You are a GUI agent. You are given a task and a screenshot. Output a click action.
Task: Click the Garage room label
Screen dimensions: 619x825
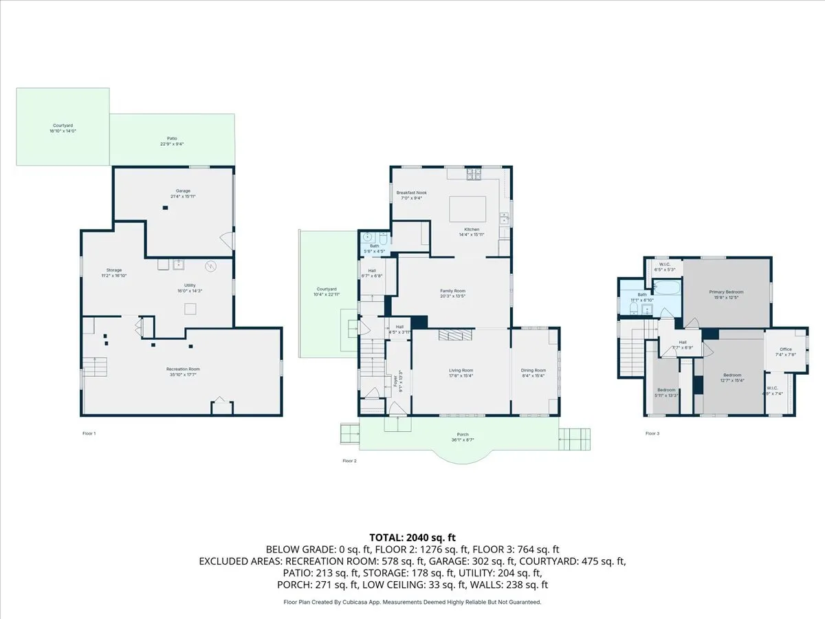(x=182, y=191)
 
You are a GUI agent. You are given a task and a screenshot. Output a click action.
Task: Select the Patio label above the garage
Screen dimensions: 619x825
(x=172, y=138)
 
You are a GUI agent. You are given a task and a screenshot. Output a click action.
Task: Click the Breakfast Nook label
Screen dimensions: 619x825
(x=411, y=193)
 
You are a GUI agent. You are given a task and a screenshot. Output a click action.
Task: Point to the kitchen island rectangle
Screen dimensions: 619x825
(x=467, y=207)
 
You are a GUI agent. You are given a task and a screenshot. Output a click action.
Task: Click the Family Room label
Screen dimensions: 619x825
(x=452, y=291)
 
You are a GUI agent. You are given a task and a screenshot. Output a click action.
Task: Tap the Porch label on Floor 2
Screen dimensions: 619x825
(x=463, y=435)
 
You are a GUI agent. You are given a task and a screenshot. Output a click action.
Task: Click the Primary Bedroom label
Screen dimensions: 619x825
(x=726, y=292)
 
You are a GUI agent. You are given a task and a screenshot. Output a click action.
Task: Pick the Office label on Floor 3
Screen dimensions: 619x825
(x=785, y=349)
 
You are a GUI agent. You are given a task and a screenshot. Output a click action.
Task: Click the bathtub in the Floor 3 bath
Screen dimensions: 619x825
(x=666, y=288)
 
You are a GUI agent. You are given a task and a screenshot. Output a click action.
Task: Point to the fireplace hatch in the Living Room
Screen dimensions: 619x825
(x=453, y=335)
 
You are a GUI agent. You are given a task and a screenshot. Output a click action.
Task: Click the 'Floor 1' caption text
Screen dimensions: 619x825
(x=89, y=433)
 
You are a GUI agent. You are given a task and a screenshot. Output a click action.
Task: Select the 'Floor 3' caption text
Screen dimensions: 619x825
(x=652, y=433)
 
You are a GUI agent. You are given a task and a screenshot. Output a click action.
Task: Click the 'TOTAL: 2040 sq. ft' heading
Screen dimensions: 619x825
(x=412, y=537)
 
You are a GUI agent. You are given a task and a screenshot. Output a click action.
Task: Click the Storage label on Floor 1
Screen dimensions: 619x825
(x=113, y=270)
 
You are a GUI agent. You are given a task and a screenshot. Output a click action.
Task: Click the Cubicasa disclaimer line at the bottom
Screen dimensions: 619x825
(x=412, y=602)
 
